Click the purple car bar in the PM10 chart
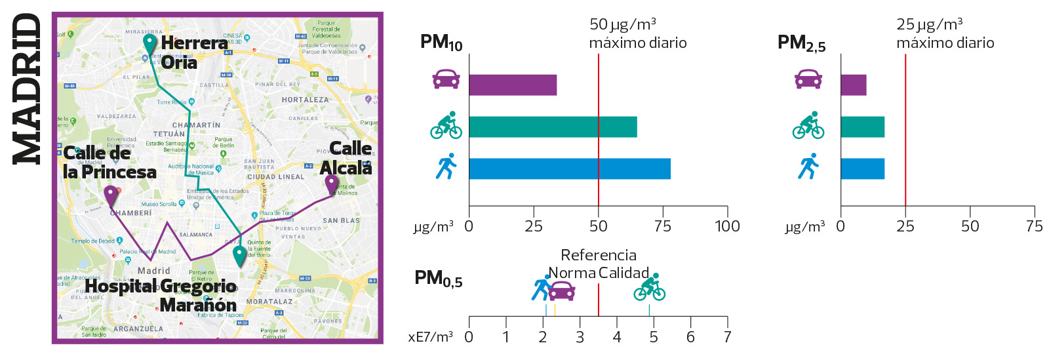(513, 85)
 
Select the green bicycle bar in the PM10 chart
(553, 127)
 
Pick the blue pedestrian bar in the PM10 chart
(569, 169)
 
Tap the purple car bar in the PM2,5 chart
(853, 85)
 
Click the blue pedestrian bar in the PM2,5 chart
(862, 169)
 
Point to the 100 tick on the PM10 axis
(727, 226)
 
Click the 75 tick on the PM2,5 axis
(1034, 226)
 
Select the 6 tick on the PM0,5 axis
(690, 337)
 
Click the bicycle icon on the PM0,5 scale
(649, 288)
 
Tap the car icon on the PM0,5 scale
(561, 290)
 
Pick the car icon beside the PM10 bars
(446, 79)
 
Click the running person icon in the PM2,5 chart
(808, 167)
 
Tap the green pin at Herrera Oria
(150, 44)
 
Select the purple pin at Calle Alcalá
(332, 184)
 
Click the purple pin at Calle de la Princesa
(111, 195)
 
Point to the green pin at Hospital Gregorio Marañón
(240, 254)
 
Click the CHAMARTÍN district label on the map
(196, 125)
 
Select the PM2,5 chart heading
(801, 43)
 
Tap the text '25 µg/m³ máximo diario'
(945, 34)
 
